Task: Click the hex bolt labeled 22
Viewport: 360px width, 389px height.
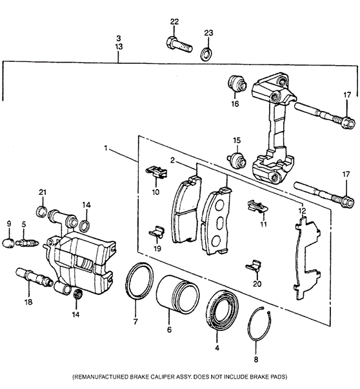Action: pos(179,45)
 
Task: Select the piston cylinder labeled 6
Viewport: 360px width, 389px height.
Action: pos(177,294)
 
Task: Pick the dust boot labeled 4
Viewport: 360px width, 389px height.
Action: pos(222,310)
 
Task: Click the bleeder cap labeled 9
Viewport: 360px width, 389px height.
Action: pos(8,243)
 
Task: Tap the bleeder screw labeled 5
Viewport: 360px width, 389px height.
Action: pos(26,243)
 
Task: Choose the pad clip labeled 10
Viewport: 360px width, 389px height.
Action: pos(156,172)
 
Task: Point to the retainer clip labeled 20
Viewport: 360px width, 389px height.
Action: pos(254,266)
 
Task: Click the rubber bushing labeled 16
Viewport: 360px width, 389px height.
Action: pos(237,84)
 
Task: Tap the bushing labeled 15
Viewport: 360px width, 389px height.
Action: pos(237,161)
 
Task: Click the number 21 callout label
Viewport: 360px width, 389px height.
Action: pos(43,192)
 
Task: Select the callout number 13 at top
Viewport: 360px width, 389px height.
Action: pos(119,46)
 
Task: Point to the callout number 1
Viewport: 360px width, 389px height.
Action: pos(106,148)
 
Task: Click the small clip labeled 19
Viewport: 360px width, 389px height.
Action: pos(157,232)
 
